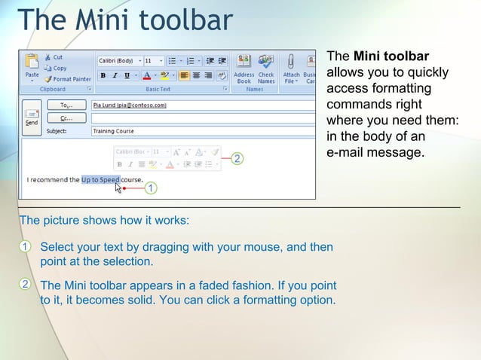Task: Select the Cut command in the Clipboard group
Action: point(54,57)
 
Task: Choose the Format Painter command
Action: point(67,79)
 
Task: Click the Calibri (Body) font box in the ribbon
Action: point(118,60)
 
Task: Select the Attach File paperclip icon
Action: point(291,66)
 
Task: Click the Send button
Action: point(32,117)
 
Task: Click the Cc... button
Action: point(66,118)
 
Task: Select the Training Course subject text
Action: point(113,131)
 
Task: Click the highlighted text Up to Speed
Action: point(100,180)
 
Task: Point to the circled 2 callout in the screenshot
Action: point(237,159)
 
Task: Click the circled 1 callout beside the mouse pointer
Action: point(151,188)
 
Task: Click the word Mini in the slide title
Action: point(93,20)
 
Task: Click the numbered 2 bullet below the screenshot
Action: point(25,285)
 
